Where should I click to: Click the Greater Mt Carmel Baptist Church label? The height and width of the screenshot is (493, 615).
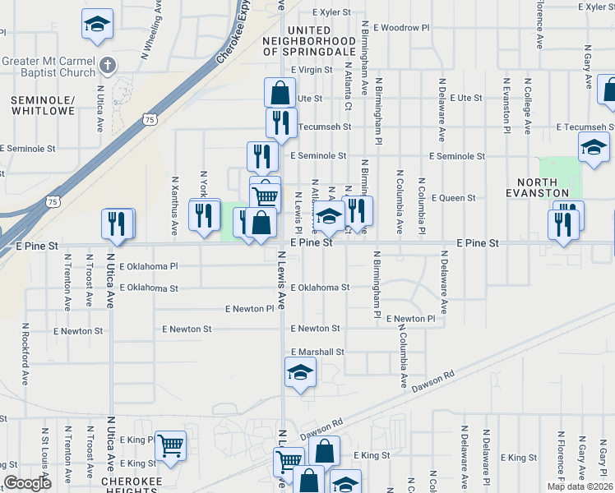pyautogui.click(x=49, y=67)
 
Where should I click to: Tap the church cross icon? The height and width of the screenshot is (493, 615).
pyautogui.click(x=106, y=65)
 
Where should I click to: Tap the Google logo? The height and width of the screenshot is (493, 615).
pyautogui.click(x=27, y=482)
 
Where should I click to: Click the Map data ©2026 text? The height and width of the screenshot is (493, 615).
pyautogui.click(x=579, y=486)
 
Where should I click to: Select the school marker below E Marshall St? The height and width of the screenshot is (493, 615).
pyautogui.click(x=300, y=374)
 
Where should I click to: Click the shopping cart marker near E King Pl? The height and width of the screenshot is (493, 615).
pyautogui.click(x=170, y=445)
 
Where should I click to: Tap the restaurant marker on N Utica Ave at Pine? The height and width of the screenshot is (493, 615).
pyautogui.click(x=117, y=223)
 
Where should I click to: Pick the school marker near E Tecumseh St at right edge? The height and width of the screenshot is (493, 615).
pyautogui.click(x=594, y=147)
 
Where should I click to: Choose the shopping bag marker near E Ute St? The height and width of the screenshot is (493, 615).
pyautogui.click(x=280, y=91)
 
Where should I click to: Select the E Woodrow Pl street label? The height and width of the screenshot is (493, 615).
pyautogui.click(x=405, y=27)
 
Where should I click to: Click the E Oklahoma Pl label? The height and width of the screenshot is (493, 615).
pyautogui.click(x=149, y=266)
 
